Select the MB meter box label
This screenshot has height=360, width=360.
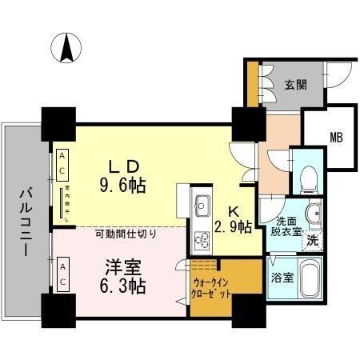pyautogui.click(x=335, y=137)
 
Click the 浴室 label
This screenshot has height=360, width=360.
pyautogui.click(x=280, y=279)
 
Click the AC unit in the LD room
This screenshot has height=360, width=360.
pyautogui.click(x=61, y=166)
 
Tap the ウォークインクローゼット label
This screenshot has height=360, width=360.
pyautogui.click(x=212, y=289)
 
